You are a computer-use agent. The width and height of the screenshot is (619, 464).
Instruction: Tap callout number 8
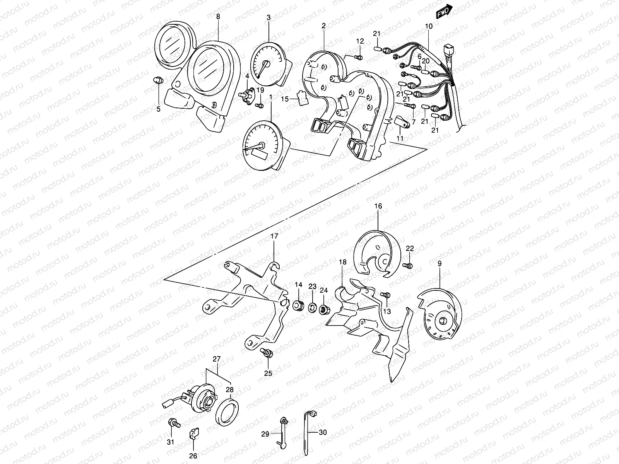point(218,17)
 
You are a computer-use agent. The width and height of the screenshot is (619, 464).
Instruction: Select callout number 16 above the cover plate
point(378,206)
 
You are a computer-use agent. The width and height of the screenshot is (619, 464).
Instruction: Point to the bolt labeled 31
point(173,424)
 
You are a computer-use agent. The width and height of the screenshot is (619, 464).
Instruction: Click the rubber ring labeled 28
point(229,411)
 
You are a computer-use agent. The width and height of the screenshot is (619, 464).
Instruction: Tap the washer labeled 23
point(311,308)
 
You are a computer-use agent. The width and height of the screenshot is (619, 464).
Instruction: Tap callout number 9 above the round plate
point(439,264)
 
